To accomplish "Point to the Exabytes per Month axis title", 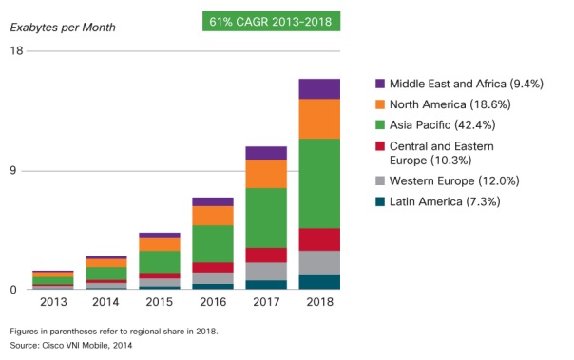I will [63, 27].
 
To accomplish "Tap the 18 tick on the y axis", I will [16, 50].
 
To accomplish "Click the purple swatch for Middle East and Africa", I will [381, 84].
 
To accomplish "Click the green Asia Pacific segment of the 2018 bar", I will [319, 183].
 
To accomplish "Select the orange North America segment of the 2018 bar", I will [319, 119].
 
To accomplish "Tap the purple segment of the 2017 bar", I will [266, 153].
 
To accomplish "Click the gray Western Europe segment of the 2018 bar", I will [319, 262].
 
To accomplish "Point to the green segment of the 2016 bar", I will [212, 243].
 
